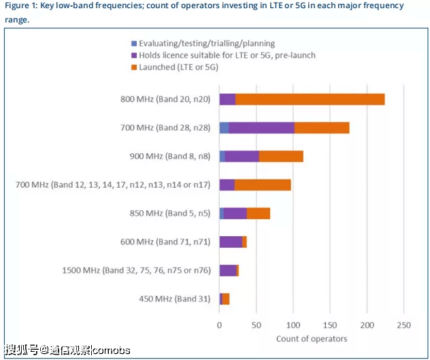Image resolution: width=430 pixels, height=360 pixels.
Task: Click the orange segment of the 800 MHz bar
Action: click(310, 99)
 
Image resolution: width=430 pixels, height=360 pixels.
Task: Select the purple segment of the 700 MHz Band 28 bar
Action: click(261, 128)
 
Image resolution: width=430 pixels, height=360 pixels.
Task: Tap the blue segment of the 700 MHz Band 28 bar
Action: click(224, 128)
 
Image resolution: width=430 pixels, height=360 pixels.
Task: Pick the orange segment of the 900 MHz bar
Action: click(281, 157)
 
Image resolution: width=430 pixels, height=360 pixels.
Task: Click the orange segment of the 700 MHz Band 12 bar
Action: click(263, 184)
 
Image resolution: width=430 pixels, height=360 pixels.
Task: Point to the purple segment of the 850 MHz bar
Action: click(235, 213)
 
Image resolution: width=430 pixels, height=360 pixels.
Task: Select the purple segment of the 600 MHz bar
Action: click(231, 242)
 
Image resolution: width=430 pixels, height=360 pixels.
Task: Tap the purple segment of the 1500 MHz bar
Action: click(228, 270)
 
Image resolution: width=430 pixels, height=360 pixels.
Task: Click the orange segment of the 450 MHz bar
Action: click(226, 299)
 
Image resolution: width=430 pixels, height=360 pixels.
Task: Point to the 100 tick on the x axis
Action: click(293, 325)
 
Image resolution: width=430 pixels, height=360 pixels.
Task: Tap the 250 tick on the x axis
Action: click(403, 325)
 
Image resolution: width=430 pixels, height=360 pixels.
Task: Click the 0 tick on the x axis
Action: click(219, 325)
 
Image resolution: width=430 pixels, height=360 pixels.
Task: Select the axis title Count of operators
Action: click(312, 338)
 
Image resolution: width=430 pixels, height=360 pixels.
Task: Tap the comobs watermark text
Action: click(111, 350)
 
